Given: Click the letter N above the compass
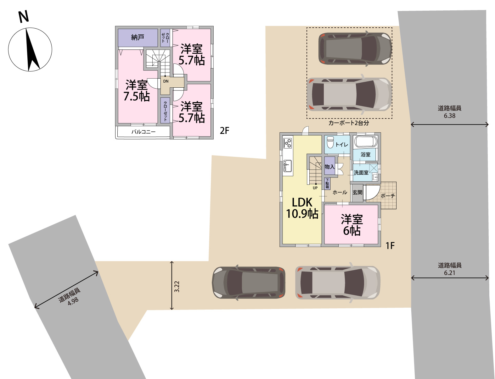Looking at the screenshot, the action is point(24,17).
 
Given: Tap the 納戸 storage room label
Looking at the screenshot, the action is point(138,37).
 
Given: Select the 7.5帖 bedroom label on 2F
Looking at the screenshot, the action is point(137,91).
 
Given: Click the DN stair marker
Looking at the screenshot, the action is point(166,81).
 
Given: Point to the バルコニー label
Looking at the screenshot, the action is point(143,132).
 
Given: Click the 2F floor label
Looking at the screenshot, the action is point(224,131).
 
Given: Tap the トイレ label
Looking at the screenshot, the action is point(342,145).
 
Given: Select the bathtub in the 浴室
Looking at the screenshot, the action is point(365,141).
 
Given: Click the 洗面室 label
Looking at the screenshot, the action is point(361,173).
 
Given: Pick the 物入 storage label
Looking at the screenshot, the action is point(329,167).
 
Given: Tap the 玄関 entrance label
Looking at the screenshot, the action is point(357,192).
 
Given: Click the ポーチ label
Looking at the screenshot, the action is point(388,196).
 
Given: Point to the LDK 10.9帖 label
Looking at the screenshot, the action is point(302,208).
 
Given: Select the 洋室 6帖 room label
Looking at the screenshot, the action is point(352,225).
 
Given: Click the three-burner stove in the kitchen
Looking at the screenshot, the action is point(288,143).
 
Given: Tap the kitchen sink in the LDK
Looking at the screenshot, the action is point(288,166).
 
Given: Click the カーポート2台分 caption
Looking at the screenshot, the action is point(349,123).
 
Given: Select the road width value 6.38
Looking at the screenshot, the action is point(449,116).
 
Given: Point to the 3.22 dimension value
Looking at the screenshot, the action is point(177,287).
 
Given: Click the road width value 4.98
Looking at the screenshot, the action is point(73,301).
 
